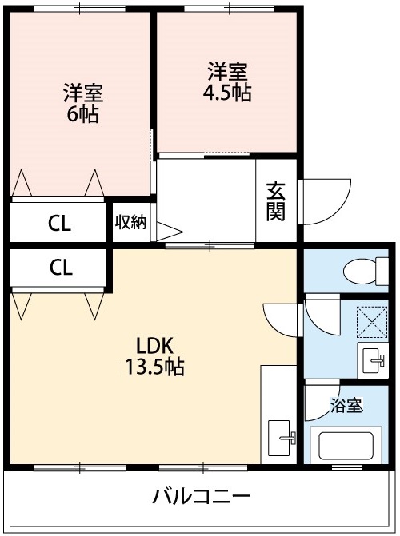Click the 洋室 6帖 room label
click(x=82, y=103)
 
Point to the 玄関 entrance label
click(x=276, y=201)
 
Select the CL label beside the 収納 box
click(x=59, y=224)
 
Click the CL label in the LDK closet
click(x=59, y=268)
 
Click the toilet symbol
click(x=364, y=270)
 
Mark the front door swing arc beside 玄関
click(x=325, y=200)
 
